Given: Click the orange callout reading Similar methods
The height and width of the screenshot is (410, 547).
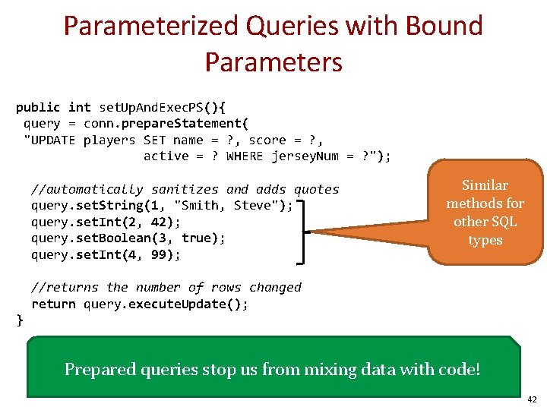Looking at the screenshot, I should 485,213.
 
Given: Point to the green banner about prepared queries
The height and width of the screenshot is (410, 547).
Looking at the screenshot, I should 273,369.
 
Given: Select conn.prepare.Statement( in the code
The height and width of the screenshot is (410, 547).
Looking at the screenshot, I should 166,123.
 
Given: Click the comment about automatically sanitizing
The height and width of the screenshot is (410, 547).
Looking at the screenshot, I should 185,189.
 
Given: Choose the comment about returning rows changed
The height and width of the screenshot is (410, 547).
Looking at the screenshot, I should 166,287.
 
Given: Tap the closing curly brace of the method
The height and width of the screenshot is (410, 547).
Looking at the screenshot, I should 20,320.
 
